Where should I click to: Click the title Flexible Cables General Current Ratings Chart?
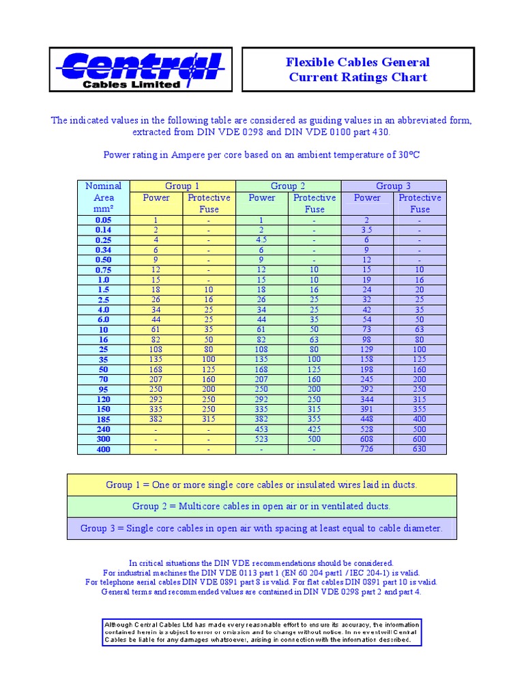(358, 70)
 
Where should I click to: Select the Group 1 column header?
(182, 186)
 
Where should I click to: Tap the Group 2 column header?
(288, 186)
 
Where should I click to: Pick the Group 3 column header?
(393, 186)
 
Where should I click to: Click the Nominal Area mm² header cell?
(104, 197)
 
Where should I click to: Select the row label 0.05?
(104, 220)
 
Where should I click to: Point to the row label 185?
(104, 419)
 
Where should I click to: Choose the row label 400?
(104, 449)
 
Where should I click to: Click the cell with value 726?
(367, 449)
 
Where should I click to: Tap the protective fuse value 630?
(420, 449)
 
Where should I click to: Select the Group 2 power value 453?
(262, 429)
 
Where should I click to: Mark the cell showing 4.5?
(262, 240)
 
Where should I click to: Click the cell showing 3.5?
(367, 230)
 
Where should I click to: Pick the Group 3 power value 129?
(367, 349)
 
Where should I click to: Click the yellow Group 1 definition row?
(261, 485)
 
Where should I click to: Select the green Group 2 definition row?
(261, 506)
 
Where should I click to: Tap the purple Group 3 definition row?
(261, 528)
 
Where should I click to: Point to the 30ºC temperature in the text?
(407, 155)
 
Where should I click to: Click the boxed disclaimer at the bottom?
(261, 633)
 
